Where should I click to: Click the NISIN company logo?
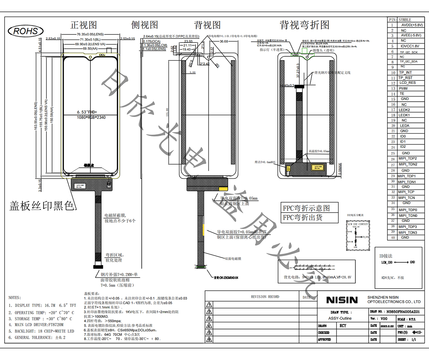(x=342, y=300)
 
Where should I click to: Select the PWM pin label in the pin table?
(x=403, y=88)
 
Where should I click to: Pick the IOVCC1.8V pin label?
(x=410, y=46)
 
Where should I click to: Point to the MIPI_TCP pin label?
(x=406, y=192)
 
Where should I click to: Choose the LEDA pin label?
(x=405, y=126)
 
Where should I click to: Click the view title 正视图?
(x=84, y=25)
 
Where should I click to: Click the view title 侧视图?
(x=144, y=25)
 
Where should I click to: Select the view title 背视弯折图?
(x=304, y=25)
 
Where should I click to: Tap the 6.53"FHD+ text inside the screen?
(x=87, y=112)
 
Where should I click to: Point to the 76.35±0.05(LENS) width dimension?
(x=90, y=34)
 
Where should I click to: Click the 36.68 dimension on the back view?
(x=224, y=41)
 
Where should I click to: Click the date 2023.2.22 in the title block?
(x=387, y=326)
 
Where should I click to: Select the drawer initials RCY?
(x=343, y=326)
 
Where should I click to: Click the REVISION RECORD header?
(x=265, y=297)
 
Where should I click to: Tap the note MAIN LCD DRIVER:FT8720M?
(x=39, y=325)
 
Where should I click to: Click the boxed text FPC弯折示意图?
(x=306, y=208)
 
